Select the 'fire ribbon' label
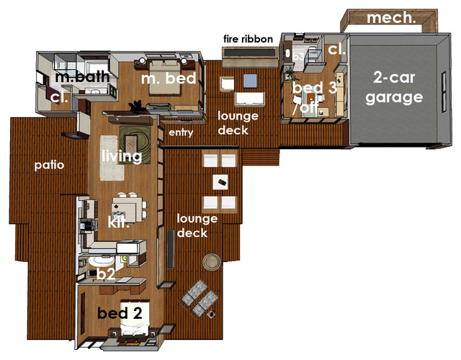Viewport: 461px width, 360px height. pos(246,38)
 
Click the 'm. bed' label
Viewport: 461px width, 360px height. pos(169,78)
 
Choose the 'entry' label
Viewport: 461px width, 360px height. pos(179,133)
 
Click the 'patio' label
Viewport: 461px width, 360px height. pos(50,165)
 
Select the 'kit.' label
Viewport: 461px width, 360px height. pos(118,224)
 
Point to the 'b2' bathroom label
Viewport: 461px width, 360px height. pos(107,274)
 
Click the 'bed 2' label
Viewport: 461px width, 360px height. pos(124,312)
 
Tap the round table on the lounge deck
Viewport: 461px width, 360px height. pos(212,261)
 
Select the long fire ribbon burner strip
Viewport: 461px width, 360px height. pos(249,53)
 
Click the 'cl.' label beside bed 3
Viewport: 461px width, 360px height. pos(336,50)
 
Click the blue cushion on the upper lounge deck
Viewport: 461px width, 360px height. pos(251,80)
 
